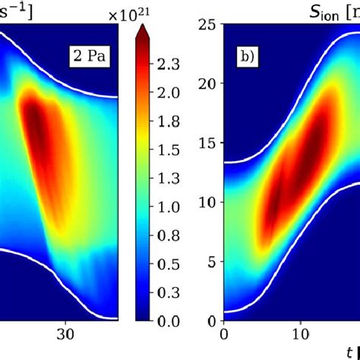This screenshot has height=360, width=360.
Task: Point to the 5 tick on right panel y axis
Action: click(x=212, y=261)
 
